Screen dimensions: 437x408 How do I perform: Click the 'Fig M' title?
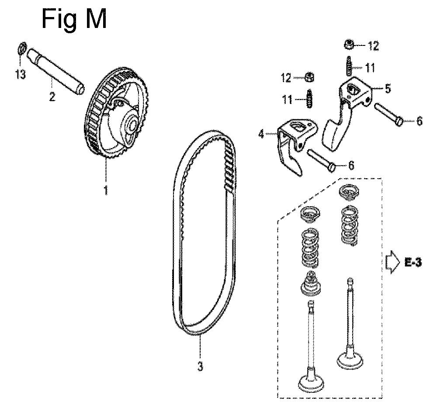point(74,19)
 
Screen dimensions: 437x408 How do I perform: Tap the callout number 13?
point(21,74)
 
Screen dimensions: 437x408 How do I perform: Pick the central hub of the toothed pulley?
point(130,123)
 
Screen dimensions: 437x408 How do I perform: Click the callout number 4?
point(261,135)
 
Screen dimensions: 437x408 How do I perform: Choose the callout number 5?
point(388,88)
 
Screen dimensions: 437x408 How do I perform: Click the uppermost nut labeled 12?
point(348,44)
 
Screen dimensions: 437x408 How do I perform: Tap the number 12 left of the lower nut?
point(286,78)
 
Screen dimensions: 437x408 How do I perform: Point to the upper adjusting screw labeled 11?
point(349,66)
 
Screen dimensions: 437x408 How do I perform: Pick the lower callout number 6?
point(351,166)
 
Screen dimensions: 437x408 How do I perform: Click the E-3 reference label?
point(413,262)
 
